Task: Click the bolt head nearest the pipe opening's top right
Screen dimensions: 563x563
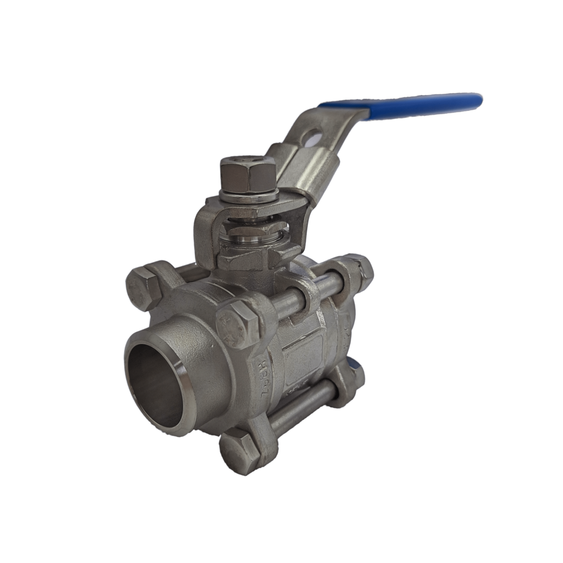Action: click(x=238, y=325)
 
